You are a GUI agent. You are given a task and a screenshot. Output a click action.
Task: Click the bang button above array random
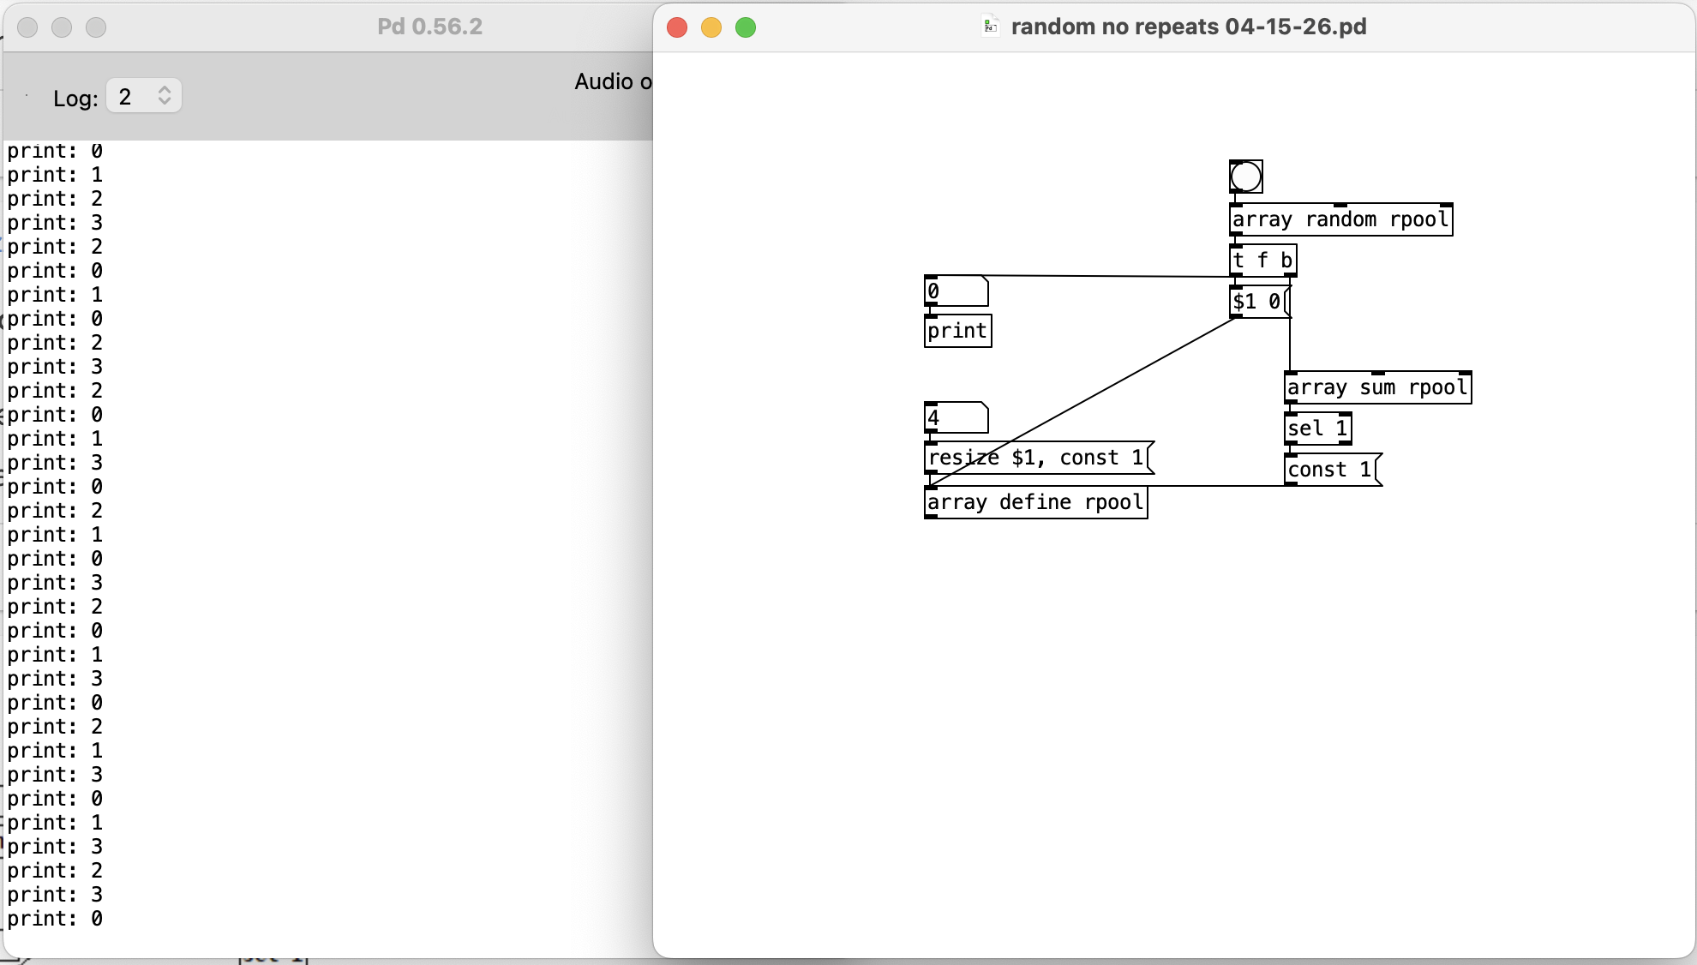1245,177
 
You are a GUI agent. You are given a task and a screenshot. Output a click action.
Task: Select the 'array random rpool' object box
1340,219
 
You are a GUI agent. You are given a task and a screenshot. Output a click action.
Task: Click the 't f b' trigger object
1262,260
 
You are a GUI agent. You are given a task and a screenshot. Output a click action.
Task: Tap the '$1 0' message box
1257,302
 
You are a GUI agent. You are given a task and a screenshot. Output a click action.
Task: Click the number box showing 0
956,291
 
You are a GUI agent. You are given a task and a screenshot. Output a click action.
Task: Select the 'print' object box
957,331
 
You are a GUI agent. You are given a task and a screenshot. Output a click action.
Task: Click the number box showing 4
956,418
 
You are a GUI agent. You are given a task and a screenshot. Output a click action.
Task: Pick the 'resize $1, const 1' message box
1037,458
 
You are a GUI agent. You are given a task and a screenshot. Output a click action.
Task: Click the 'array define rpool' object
1035,502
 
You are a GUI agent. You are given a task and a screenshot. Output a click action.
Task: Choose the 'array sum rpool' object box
1377,387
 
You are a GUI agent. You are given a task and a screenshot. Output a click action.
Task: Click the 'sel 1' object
1318,429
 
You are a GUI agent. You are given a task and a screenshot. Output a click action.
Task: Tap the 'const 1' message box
1331,470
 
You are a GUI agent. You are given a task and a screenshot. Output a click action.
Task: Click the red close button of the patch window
677,27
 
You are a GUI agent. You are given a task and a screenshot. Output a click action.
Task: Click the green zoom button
746,27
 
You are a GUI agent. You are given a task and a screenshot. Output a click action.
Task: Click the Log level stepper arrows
165,96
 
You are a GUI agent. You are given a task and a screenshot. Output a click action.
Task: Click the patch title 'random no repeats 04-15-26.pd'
1188,27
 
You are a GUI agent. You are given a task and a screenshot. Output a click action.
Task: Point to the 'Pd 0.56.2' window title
429,27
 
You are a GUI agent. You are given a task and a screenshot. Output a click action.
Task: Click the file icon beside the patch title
990,27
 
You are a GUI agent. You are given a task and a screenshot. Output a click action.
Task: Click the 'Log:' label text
75,98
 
